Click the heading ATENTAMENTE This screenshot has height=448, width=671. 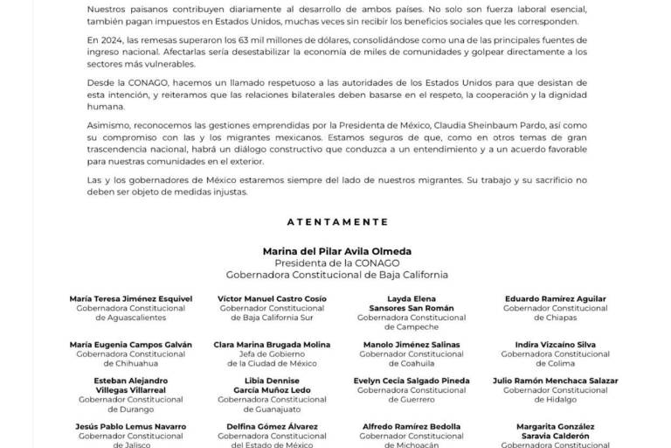point(336,221)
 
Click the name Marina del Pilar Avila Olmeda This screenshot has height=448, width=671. point(336,250)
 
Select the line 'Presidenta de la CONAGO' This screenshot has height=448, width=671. point(336,262)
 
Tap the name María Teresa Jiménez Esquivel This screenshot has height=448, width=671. point(130,298)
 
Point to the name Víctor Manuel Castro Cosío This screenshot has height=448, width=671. point(272,298)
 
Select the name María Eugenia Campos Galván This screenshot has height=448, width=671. point(130,345)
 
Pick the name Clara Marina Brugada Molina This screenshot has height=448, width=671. point(272,345)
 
